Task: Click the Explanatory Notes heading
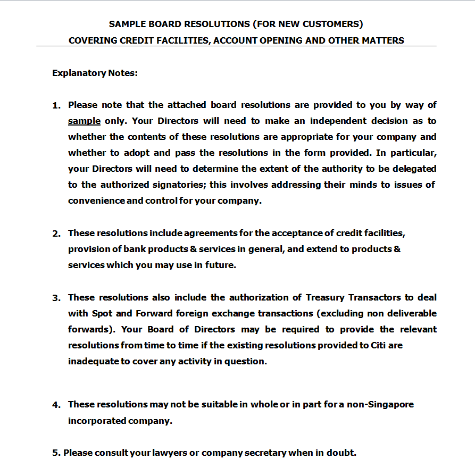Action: (95, 73)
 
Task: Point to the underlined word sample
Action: (84, 121)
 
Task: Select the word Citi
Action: (377, 345)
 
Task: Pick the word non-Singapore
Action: (380, 404)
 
